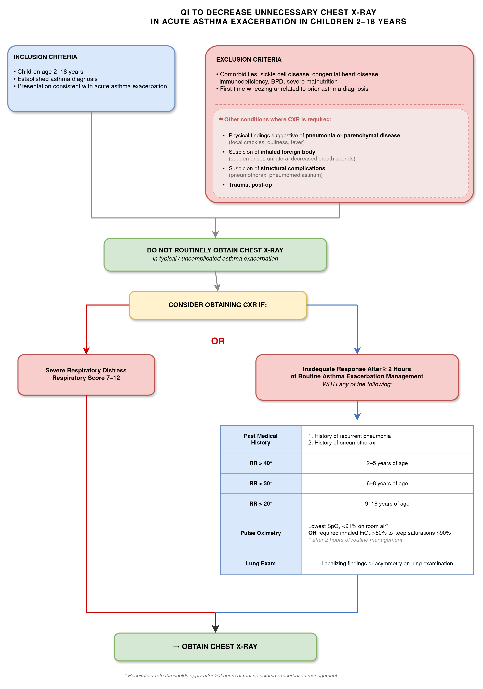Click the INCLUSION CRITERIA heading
pos(45,57)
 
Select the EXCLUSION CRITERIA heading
pos(249,59)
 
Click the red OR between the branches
pos(218,341)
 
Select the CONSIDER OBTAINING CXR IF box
pos(218,305)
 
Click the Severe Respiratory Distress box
pos(86,375)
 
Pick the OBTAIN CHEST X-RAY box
pos(215,647)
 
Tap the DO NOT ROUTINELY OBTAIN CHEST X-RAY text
pos(215,250)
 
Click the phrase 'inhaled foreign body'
pos(288,152)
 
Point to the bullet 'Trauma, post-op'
pos(250,185)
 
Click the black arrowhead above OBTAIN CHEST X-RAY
pos(215,629)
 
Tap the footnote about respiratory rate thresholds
pos(231,676)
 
